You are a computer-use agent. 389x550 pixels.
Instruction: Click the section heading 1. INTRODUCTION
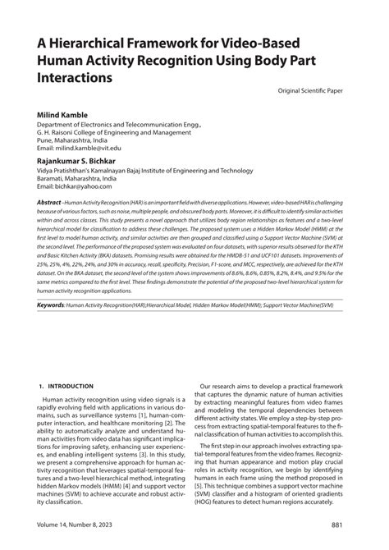point(66,386)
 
